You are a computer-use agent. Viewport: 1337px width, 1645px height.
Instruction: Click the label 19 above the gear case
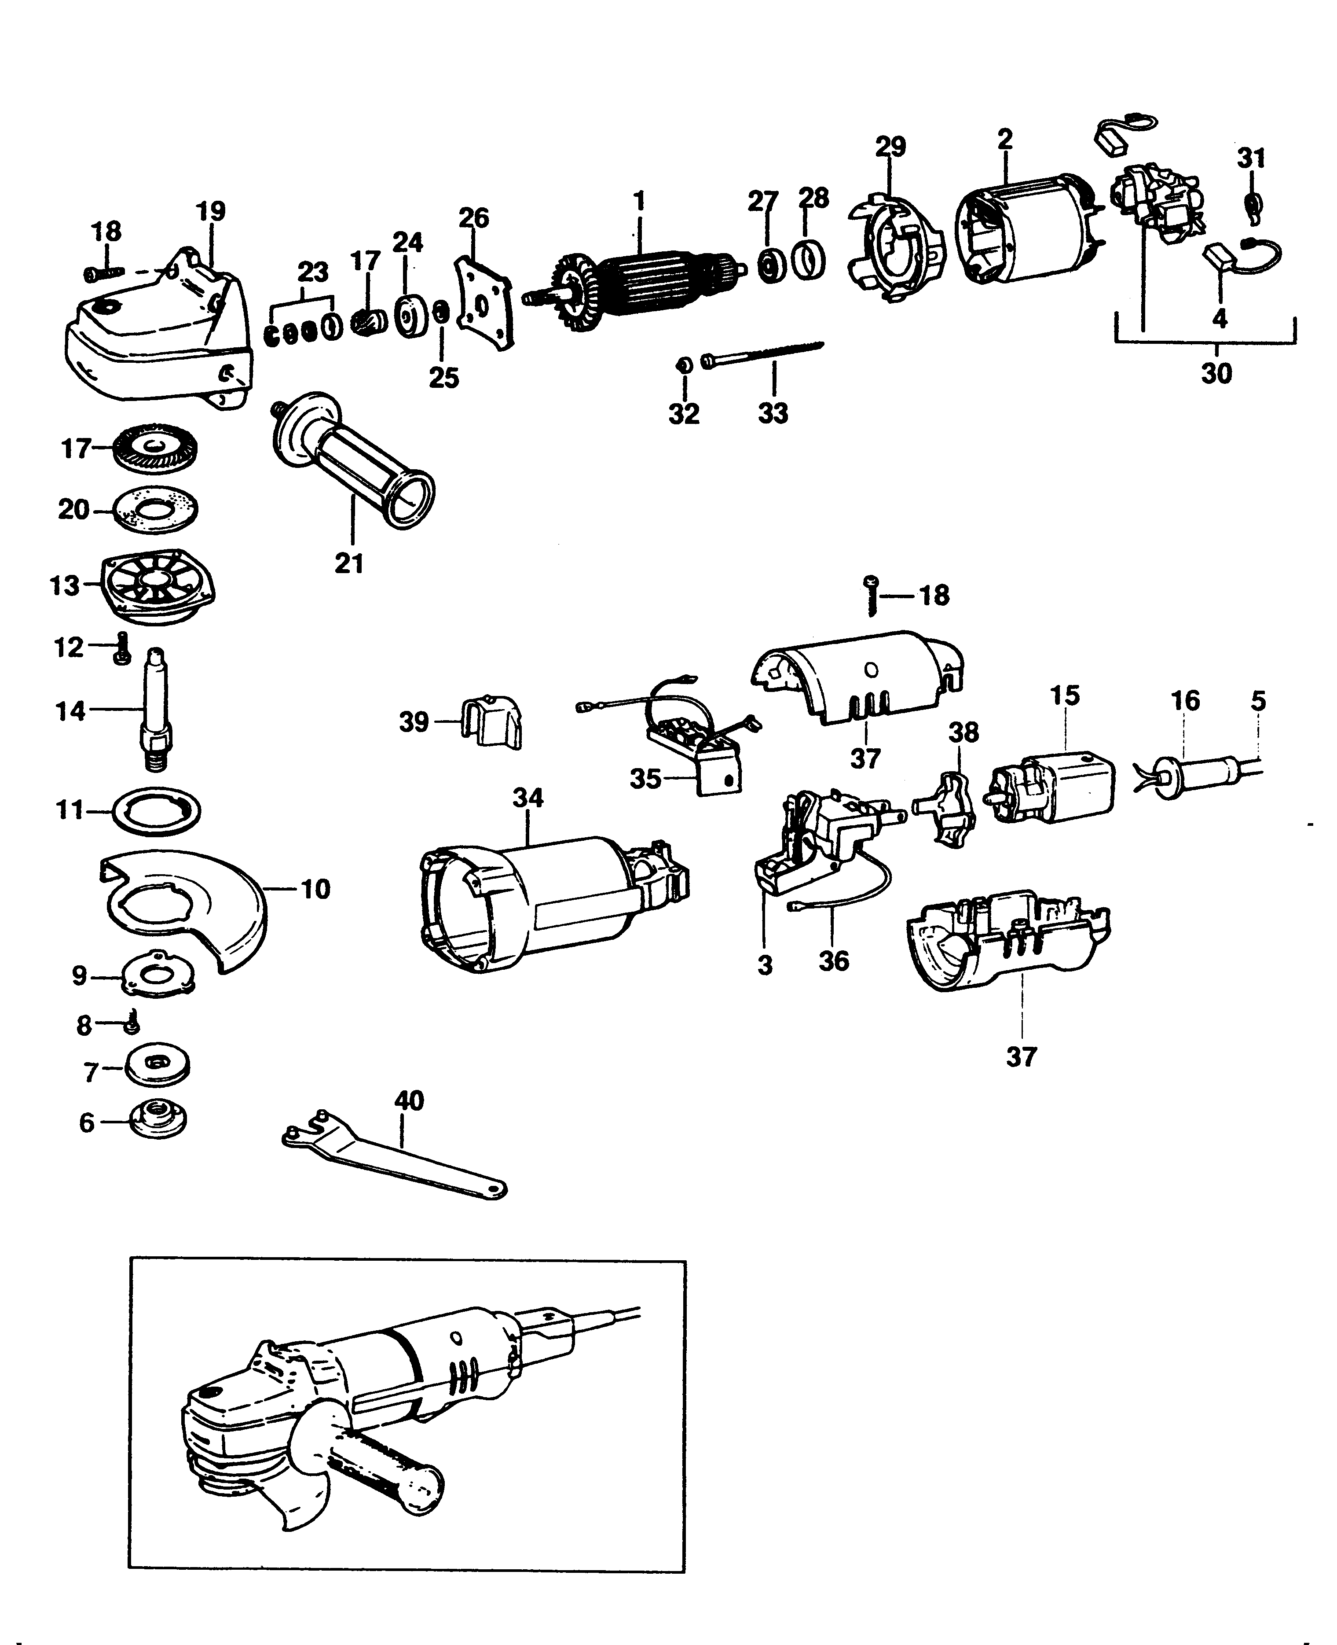pyautogui.click(x=210, y=210)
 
